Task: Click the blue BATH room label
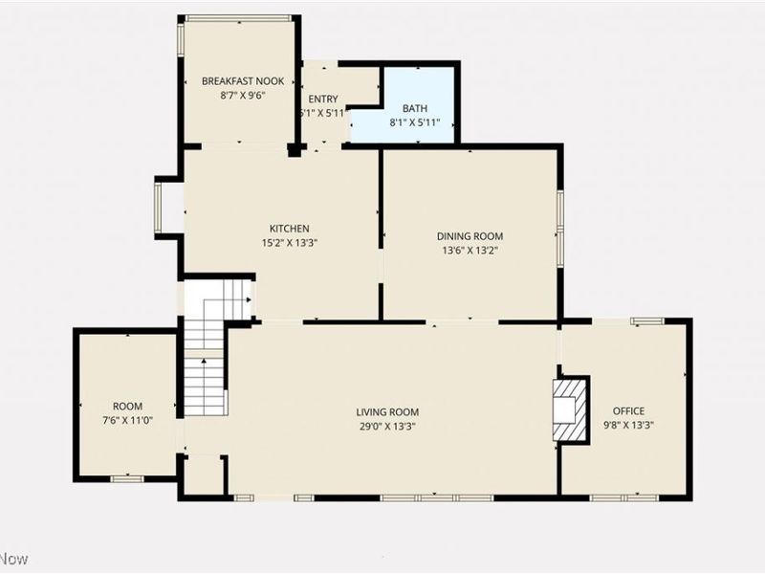coord(415,108)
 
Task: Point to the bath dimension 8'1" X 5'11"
coord(415,122)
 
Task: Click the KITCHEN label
coord(288,229)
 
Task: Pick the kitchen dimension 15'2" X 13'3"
coord(288,243)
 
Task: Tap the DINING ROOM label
coord(470,236)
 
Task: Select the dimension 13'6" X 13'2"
coord(470,251)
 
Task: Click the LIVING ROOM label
coord(389,412)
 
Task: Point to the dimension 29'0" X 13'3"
coord(389,427)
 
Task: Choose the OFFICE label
coord(628,411)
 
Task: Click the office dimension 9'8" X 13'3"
coord(628,426)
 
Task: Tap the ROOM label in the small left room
coord(127,407)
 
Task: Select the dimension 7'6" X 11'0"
coord(127,421)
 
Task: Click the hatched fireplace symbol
coord(570,409)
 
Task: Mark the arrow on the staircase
coord(247,300)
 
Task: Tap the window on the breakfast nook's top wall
coord(238,17)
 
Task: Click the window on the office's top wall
coord(647,320)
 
